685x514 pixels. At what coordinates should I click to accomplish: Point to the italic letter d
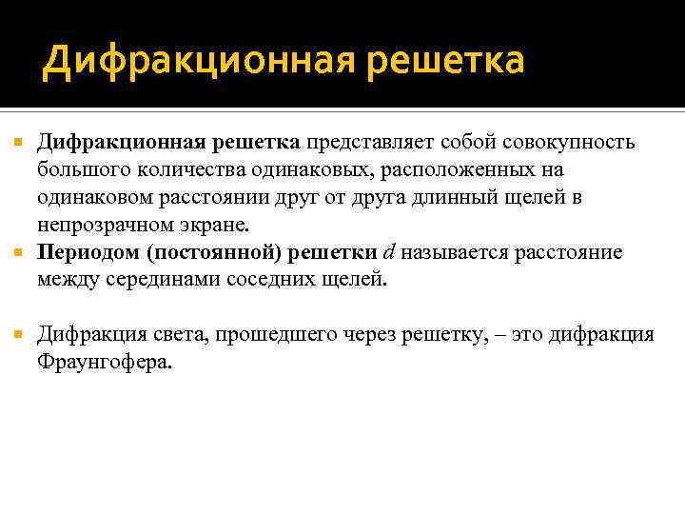(x=388, y=252)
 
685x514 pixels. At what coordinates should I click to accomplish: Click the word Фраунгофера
(x=106, y=362)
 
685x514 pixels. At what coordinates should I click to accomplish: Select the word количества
(x=188, y=170)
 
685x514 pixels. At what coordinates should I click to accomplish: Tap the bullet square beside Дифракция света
(x=15, y=335)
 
